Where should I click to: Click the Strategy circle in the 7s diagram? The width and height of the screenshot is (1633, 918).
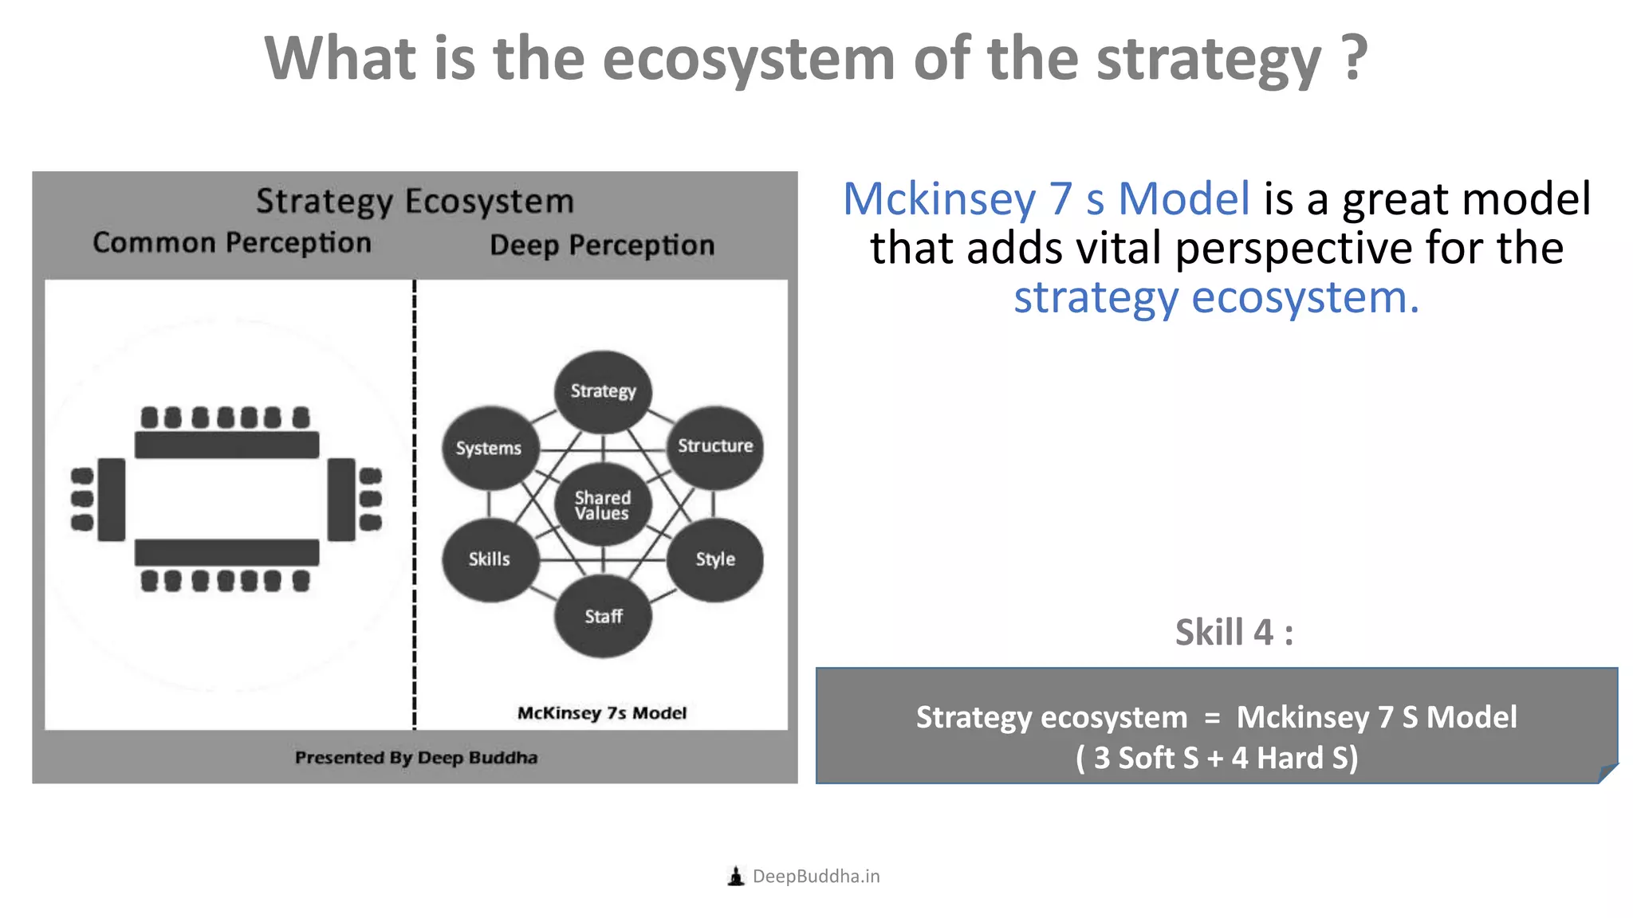click(603, 391)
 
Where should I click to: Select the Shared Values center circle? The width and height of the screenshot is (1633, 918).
click(603, 505)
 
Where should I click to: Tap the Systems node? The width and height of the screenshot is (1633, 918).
click(489, 448)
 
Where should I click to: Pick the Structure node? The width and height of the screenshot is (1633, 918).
click(715, 446)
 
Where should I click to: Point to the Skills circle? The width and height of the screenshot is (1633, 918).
click(489, 559)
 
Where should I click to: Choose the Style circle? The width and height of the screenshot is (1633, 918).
click(715, 559)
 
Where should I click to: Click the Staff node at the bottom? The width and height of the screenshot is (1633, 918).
click(603, 617)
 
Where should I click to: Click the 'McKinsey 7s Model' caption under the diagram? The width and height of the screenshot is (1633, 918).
click(602, 713)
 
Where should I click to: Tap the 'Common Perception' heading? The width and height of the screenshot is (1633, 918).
click(232, 243)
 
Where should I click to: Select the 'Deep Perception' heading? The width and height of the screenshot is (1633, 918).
click(602, 245)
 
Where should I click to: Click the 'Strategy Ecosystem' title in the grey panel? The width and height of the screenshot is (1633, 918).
click(415, 202)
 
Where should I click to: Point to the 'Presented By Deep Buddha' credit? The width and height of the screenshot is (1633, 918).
click(416, 758)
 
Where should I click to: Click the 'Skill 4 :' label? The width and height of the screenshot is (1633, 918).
click(1234, 633)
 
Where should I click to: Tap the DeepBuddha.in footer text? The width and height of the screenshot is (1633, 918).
click(816, 877)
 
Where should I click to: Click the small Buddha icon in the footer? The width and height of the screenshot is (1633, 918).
click(736, 877)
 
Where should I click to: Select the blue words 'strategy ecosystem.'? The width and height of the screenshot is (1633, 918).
click(1216, 298)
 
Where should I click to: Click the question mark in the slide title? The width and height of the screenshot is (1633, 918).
click(1354, 59)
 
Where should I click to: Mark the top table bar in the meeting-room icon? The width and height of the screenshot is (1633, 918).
click(227, 445)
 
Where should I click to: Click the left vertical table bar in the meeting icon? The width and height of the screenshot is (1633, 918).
click(112, 500)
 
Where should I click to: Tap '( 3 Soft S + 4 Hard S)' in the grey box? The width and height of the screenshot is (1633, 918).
click(1217, 758)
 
